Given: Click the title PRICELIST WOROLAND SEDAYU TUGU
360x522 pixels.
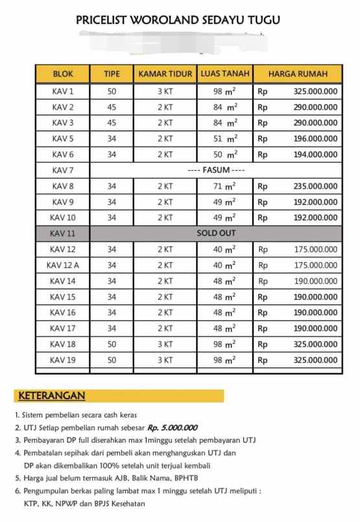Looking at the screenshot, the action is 178,20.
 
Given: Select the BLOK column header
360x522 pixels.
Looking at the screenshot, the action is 63,74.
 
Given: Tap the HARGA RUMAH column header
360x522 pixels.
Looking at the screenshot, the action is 297,74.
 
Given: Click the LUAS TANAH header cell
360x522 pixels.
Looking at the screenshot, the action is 224,73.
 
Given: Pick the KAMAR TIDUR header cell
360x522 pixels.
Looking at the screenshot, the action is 165,74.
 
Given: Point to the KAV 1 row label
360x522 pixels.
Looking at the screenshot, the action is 63,91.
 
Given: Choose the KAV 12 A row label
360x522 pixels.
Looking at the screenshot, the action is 63,265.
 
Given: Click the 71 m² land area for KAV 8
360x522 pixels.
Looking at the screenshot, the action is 224,186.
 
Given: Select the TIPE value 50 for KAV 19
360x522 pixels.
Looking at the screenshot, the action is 112,360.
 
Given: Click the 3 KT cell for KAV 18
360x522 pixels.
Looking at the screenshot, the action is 165,344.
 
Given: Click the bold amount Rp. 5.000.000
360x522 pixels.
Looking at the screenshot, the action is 172,427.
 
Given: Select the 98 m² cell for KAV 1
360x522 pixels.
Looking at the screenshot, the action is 224,91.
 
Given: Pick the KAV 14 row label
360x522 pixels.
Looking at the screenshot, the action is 63,281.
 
